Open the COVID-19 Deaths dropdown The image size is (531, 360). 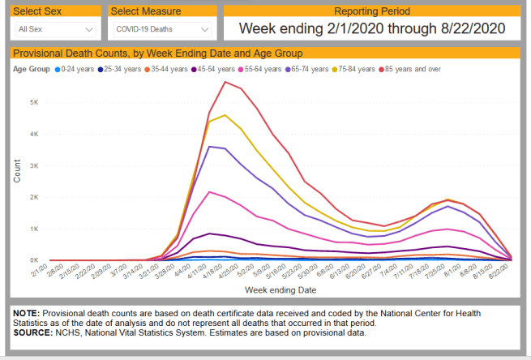(162, 29)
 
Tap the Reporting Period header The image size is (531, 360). (372, 11)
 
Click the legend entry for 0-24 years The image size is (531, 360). (75, 69)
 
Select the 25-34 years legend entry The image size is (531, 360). (122, 69)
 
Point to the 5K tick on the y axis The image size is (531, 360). (32, 102)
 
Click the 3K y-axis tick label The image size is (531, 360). (32, 165)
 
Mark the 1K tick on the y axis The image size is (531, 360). (32, 229)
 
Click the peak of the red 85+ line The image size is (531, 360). (225, 81)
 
